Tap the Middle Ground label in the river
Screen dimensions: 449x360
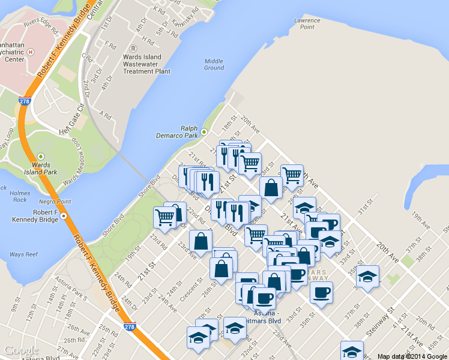point(214,64)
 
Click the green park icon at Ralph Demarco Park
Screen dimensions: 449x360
point(203,131)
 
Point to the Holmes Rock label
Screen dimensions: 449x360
point(20,196)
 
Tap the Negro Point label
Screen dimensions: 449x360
point(55,202)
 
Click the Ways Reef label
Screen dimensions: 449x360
point(25,254)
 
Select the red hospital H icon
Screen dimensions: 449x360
point(30,52)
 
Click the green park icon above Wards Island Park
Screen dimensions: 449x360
point(41,156)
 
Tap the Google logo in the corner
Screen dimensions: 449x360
point(21,350)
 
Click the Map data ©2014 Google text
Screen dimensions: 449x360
point(412,356)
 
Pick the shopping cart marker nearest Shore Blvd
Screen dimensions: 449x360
point(164,217)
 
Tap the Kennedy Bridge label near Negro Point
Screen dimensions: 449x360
point(36,216)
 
